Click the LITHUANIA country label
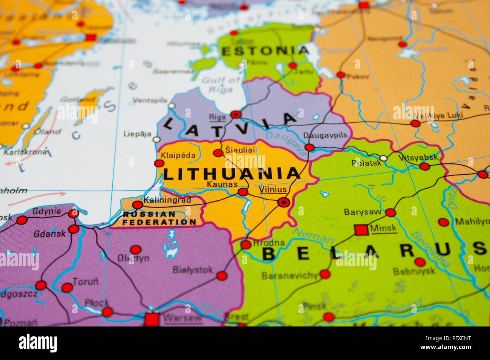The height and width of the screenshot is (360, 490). coord(231,174)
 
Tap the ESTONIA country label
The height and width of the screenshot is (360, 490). coord(265,51)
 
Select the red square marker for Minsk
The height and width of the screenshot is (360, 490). coord(361,230)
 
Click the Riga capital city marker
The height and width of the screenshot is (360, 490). coord(236,114)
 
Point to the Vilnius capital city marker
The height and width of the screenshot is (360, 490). coord(283,203)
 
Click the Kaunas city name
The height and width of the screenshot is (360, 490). coord(222,184)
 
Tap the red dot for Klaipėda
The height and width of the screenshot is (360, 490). coord(159,163)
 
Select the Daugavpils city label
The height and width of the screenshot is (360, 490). coord(325,135)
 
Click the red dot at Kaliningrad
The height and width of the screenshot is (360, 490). coord(138,205)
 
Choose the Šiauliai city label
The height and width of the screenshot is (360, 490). coord(240,150)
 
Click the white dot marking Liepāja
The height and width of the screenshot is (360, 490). coord(156,140)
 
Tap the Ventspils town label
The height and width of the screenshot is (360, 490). coord(150,100)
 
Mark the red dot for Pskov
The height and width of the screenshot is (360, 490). coord(341,75)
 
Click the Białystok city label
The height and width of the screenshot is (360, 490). coord(193,270)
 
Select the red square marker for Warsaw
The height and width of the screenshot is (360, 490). coord(152,319)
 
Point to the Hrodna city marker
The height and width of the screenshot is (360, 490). coord(246,245)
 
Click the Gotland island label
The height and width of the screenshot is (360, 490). coord(78,99)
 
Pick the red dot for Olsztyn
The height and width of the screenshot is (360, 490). coord(136,250)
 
